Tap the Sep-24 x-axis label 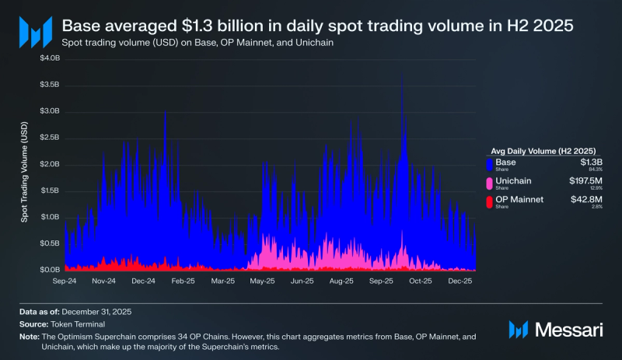coord(64,281)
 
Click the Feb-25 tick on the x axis coord(183,281)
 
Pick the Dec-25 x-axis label coord(460,281)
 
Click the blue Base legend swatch coord(489,165)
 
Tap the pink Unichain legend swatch coord(489,183)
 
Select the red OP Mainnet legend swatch coord(489,202)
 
